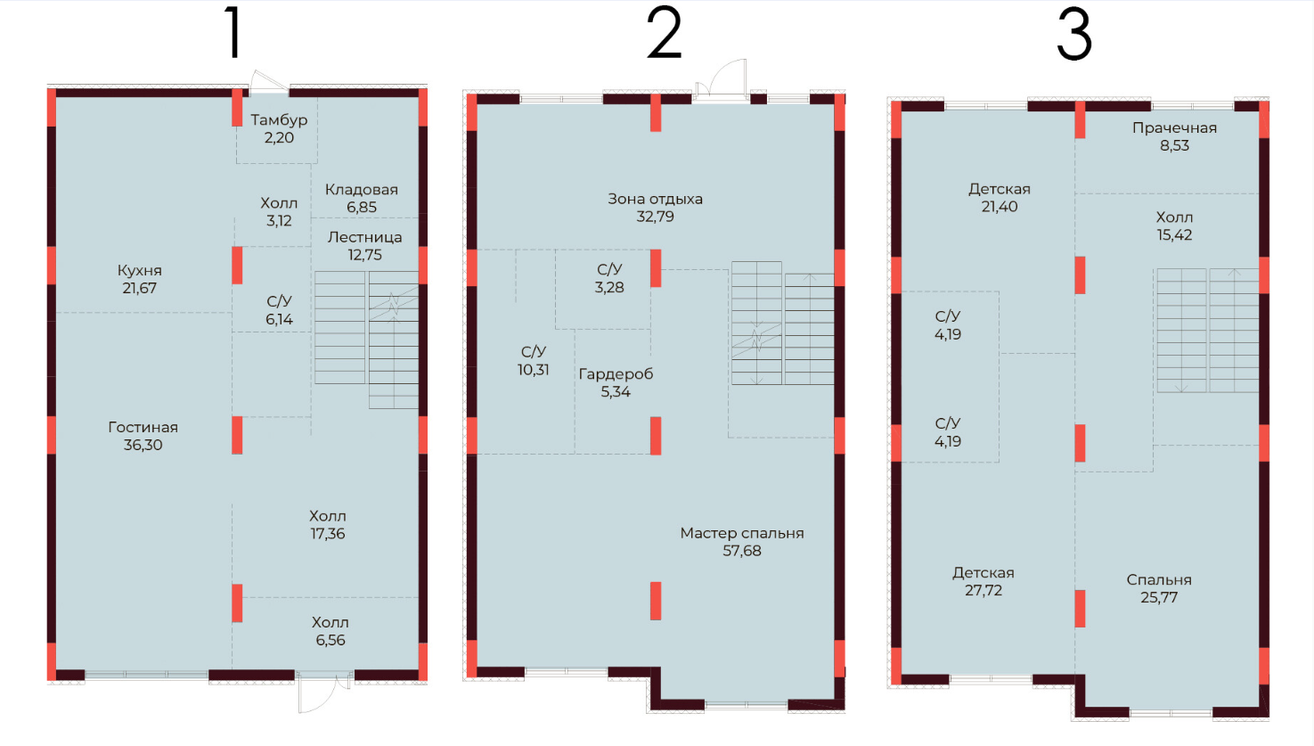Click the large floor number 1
point(233,34)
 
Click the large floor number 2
point(664,34)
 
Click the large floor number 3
point(1074,36)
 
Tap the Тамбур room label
point(279,119)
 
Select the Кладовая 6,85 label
point(362,198)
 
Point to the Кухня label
point(140,271)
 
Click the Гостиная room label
point(143,427)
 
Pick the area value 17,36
point(327,534)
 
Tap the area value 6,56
point(331,640)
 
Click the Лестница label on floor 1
point(365,237)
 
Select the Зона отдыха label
point(656,199)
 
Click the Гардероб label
point(616,373)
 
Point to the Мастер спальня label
point(742,533)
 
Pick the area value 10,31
point(534,369)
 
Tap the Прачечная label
point(1174,128)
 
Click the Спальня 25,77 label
point(1159,588)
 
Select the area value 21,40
point(1000,206)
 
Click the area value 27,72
point(983,590)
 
